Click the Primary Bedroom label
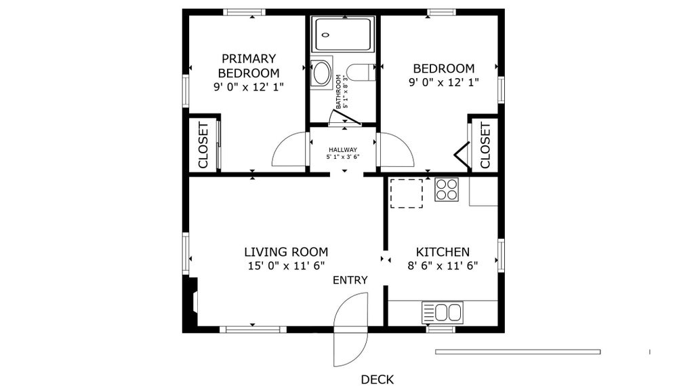point(249,66)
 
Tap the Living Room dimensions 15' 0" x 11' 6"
point(287,266)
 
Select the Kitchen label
point(443,252)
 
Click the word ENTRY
point(350,280)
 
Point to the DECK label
point(377,379)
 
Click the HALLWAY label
point(343,150)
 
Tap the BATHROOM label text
point(339,92)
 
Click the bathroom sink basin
point(321,73)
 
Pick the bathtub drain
point(326,35)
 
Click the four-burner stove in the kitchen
point(446,189)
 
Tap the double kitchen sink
point(443,312)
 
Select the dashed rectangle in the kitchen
point(407,193)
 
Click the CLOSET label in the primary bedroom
point(203,145)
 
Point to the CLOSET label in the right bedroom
point(485,145)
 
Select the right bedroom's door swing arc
point(404,142)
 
